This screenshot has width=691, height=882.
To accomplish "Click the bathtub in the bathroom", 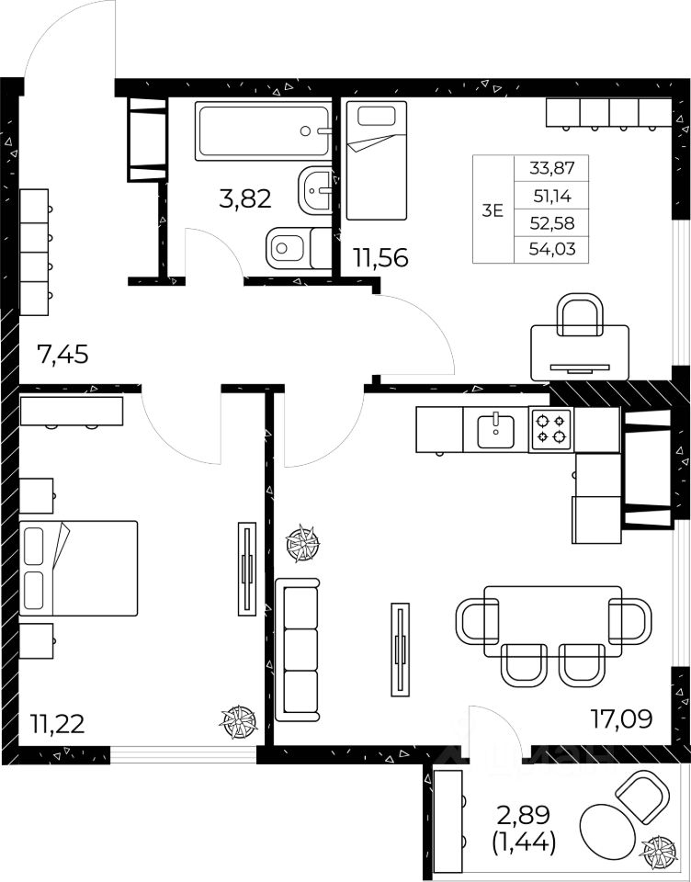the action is (x=263, y=131).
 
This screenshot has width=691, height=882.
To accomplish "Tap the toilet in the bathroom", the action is (x=299, y=248).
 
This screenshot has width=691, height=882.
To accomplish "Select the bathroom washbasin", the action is (x=315, y=190).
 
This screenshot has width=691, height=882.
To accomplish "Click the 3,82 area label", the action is (x=245, y=198).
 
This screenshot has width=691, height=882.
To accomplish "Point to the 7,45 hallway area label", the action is (x=62, y=355).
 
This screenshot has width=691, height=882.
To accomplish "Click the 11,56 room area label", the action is (x=380, y=257).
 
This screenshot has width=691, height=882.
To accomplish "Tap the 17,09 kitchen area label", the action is (x=621, y=718).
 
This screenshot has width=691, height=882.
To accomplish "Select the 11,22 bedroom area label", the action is (x=57, y=723).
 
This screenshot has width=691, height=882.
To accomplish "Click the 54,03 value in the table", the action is (x=552, y=249).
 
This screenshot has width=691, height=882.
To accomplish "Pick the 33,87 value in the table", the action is (x=552, y=167).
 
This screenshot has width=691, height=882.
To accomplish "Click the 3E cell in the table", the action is (x=493, y=211).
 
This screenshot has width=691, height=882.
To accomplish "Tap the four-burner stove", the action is (x=551, y=429).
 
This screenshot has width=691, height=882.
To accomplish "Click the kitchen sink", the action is (x=495, y=431).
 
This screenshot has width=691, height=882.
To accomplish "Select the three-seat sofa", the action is (x=297, y=650).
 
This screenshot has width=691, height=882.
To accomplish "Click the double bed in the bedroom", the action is (x=78, y=568).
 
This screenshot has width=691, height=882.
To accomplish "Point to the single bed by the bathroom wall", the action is (x=377, y=160).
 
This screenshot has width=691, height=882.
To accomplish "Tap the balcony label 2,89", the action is (x=524, y=815).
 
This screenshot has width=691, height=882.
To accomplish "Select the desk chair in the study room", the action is (x=580, y=314).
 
